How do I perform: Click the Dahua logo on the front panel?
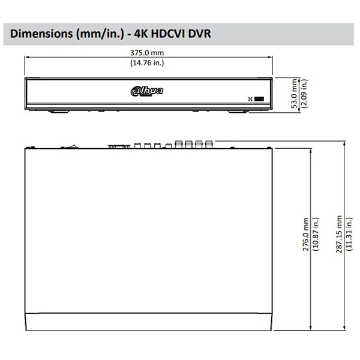click(x=147, y=91)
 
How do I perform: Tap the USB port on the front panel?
click(x=259, y=99)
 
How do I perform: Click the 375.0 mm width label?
click(x=147, y=53)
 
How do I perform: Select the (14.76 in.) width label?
click(x=147, y=62)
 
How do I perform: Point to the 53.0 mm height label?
click(x=294, y=94)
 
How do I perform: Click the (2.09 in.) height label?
click(x=304, y=94)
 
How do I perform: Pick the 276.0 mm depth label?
click(x=305, y=234)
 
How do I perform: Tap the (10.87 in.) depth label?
click(x=316, y=234)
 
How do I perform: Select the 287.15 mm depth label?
click(x=339, y=234)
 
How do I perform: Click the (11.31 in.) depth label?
click(x=349, y=234)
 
